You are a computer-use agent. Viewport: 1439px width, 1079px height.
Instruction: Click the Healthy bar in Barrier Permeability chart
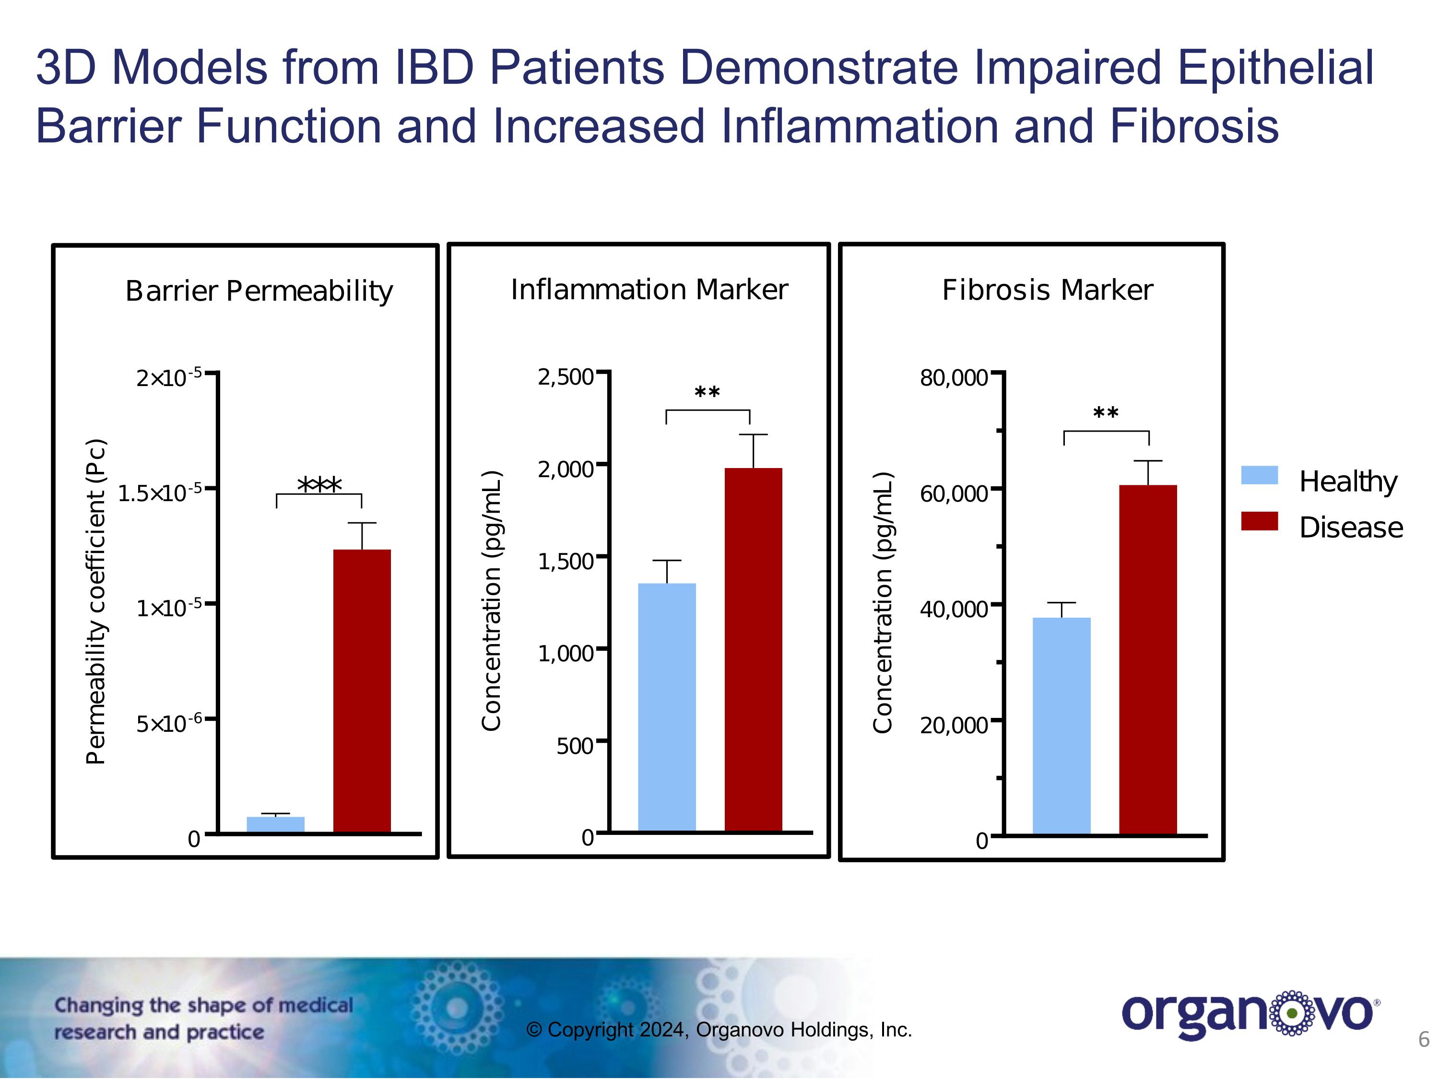coord(275,824)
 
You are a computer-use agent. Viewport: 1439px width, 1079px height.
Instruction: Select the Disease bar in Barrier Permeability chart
coord(362,691)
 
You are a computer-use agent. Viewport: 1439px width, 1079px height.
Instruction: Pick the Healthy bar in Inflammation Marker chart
coord(667,707)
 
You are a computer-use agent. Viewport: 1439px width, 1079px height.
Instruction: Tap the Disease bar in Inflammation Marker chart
coord(754,649)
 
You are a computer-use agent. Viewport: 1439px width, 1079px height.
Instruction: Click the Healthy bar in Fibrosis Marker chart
coord(1062,725)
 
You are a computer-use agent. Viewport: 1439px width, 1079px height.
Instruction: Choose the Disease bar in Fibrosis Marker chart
coord(1148,659)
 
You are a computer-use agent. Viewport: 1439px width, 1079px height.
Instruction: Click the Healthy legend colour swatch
coord(1260,475)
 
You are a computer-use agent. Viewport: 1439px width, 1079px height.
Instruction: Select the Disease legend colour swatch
coord(1260,521)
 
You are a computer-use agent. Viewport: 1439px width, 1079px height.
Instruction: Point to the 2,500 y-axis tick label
coord(565,377)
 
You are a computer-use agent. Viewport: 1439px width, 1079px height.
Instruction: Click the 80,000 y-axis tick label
coord(953,378)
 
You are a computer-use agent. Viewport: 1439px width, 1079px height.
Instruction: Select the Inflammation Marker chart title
coord(649,290)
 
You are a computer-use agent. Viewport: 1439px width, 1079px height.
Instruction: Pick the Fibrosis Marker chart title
coord(1048,290)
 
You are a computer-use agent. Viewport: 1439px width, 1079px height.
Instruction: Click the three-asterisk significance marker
coord(319,484)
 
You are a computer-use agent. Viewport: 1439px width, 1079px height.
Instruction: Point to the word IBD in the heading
coord(435,67)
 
